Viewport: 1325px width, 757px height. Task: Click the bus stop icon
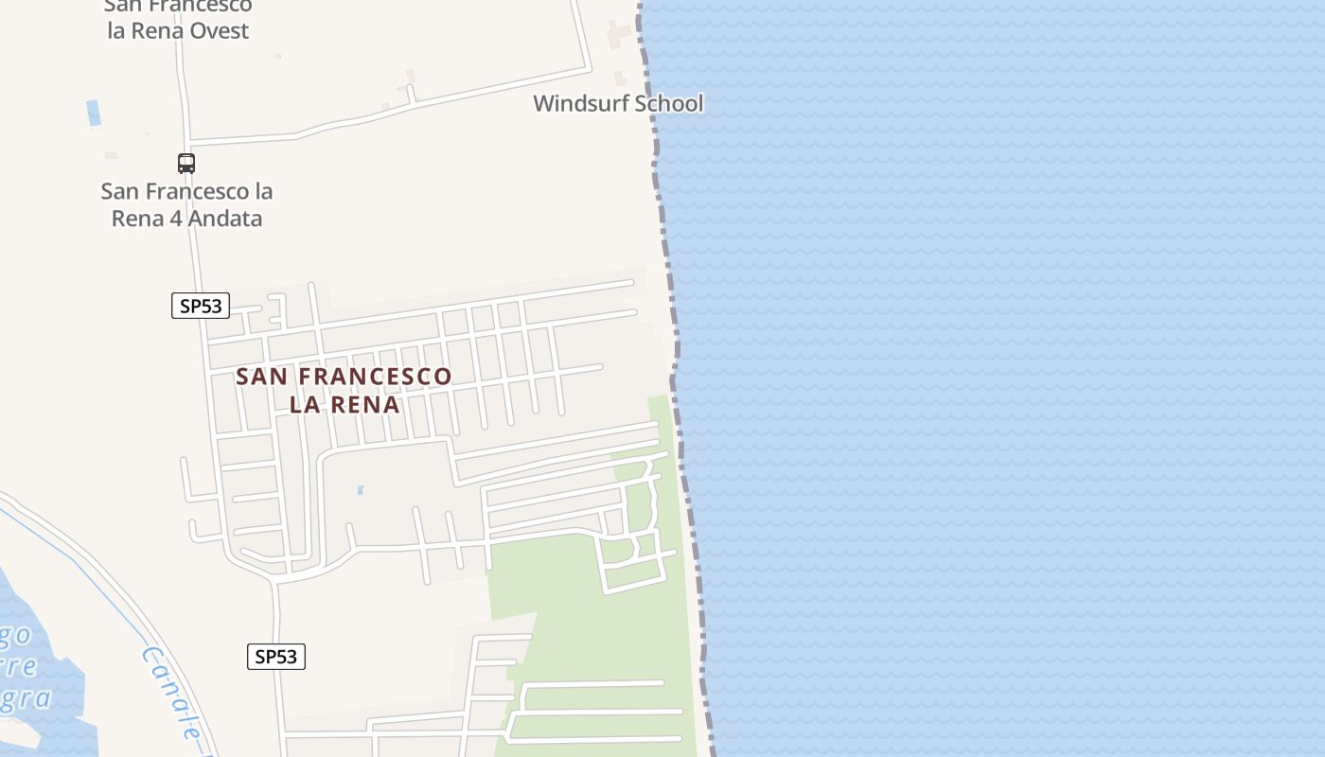tap(186, 164)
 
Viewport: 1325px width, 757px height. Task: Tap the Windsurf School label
tap(618, 103)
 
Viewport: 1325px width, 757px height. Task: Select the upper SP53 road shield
tap(201, 306)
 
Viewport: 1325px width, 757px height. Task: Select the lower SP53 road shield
tap(276, 657)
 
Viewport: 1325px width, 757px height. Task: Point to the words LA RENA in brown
tap(344, 405)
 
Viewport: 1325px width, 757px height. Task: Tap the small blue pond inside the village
tap(360, 490)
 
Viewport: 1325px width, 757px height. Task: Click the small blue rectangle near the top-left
tap(93, 113)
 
